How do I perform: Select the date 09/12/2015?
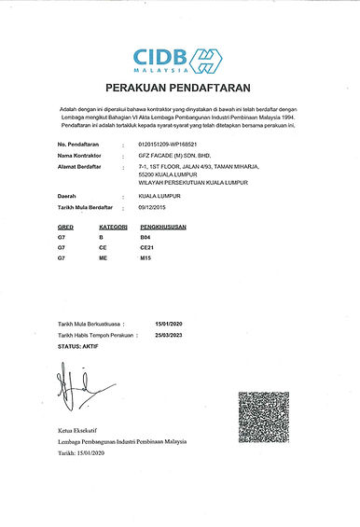(x=153, y=207)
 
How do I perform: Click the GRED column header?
(x=66, y=227)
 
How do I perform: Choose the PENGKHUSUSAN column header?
(x=166, y=227)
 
